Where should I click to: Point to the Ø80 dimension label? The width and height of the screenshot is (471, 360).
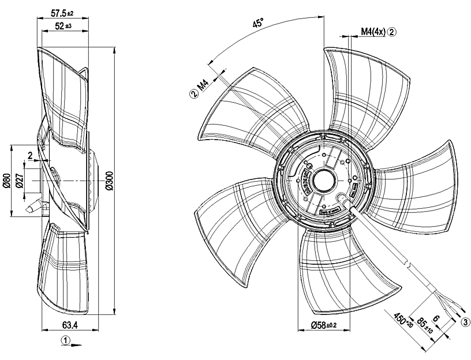[6, 181]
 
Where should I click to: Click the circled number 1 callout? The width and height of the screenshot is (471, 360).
[67, 340]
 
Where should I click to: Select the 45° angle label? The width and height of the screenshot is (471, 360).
[259, 23]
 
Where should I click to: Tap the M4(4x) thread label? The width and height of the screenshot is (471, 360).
[373, 32]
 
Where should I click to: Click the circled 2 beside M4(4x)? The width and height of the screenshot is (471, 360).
[392, 32]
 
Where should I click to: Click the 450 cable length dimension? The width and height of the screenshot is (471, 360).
[399, 321]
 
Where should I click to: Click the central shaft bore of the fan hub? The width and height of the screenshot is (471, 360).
[324, 178]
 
